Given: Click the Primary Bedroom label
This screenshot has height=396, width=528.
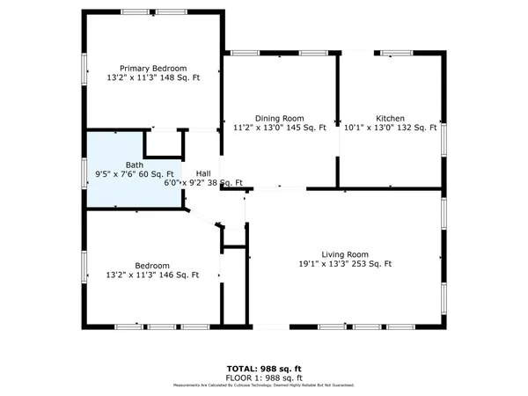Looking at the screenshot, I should pos(154,69).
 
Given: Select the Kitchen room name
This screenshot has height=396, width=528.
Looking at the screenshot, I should pos(391,118).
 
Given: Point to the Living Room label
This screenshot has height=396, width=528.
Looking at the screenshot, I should pos(344,253).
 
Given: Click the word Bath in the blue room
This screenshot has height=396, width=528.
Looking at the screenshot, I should pos(135,165).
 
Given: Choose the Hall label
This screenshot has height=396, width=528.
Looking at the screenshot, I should pos(203,173).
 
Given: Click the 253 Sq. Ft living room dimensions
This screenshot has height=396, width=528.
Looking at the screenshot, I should pos(345,264).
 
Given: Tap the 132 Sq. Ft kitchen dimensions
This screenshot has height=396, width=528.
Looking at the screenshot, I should pos(391,128).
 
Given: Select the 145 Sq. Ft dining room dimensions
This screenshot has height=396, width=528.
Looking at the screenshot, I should pos(279,128).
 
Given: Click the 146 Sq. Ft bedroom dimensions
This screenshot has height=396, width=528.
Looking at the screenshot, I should pos(153,275).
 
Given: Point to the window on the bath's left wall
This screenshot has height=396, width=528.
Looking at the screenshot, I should pos(85,171).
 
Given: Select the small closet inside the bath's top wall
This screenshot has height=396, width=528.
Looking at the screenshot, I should pos(162,143).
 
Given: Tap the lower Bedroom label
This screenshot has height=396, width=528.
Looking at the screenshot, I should pos(152,266).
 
